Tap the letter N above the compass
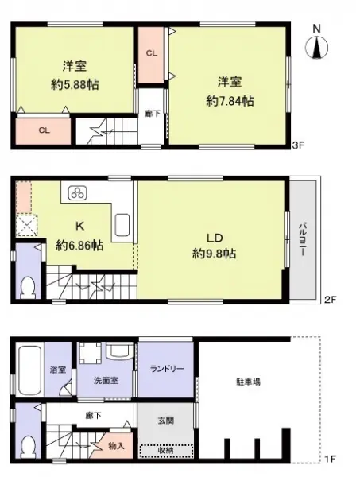tap(316, 29)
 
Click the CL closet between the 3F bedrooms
tap(150, 53)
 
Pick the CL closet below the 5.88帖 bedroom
tap(45, 130)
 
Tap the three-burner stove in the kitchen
tap(79, 192)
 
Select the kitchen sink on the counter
tap(123, 227)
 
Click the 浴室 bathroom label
tap(59, 370)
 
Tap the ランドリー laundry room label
tap(166, 367)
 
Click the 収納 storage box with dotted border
tap(166, 449)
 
